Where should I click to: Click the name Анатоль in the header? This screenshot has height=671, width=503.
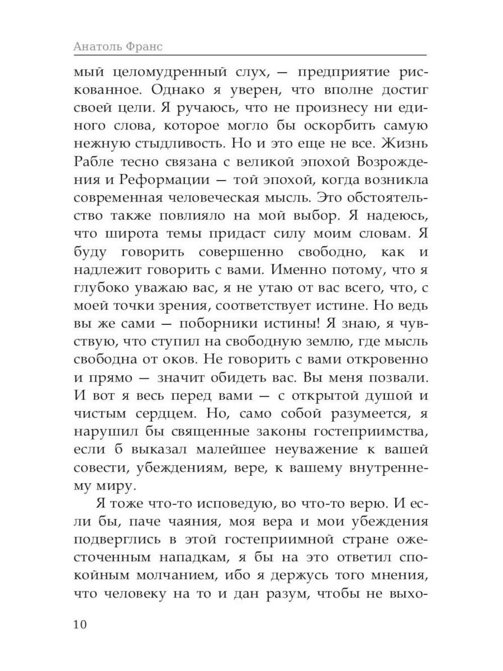pyautogui.click(x=98, y=46)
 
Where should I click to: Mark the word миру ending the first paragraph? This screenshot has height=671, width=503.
pyautogui.click(x=114, y=486)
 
